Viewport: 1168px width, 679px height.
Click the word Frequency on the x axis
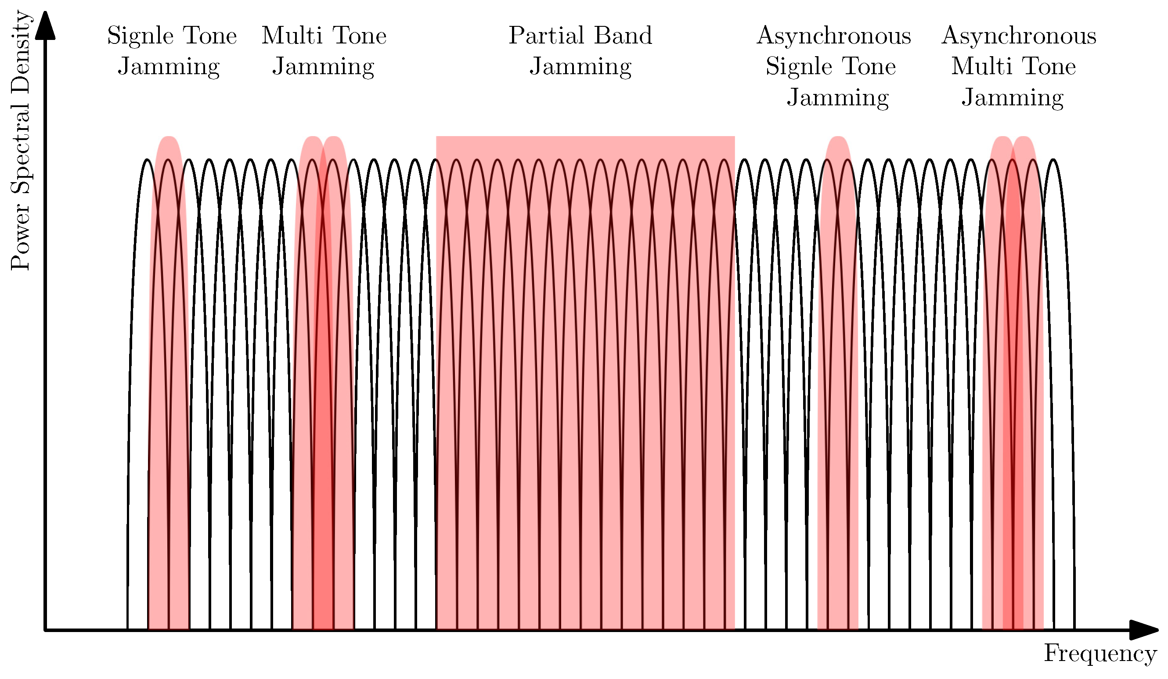tap(1100, 654)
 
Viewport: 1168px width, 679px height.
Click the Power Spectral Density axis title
tap(21, 140)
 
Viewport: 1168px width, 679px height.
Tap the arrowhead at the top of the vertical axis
tap(45, 25)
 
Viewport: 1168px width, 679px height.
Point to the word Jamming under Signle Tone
tap(169, 67)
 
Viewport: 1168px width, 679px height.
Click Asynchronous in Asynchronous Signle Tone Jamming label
tap(833, 36)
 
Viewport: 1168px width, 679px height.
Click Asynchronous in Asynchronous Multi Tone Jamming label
tap(1019, 36)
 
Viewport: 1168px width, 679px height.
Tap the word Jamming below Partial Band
tap(580, 67)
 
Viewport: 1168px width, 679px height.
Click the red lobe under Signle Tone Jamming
tap(169, 370)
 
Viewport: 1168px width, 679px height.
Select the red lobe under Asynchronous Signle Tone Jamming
tap(837, 370)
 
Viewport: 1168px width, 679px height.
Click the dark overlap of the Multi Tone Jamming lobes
tap(323, 417)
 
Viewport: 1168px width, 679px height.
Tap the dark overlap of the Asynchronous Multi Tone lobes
tap(1013, 417)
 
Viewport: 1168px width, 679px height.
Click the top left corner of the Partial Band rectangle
tap(436, 137)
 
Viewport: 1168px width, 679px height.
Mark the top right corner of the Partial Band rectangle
tap(734, 137)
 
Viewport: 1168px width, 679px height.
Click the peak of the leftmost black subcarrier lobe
tap(148, 160)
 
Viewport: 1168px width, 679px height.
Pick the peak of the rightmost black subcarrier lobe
tap(1053, 160)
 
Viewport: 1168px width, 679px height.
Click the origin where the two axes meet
tap(45, 630)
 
